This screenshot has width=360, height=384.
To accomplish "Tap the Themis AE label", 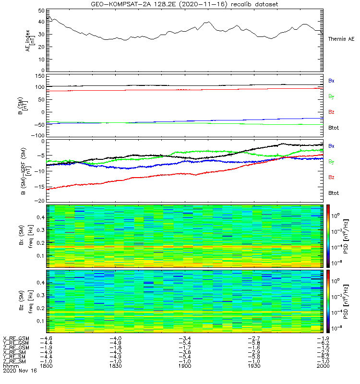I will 341,39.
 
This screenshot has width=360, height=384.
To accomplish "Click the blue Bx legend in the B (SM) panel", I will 331,81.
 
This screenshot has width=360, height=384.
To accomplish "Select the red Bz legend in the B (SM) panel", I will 331,112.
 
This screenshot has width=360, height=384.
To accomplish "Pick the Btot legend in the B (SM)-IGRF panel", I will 334,193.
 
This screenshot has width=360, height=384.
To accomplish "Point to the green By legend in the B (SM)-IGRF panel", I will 331,162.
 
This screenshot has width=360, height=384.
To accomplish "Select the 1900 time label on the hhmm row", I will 184,366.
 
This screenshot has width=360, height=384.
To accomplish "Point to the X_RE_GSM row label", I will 16,339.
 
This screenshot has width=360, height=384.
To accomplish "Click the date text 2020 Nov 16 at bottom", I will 20,371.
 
